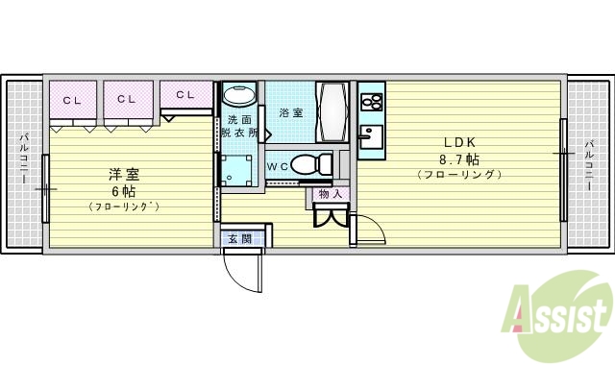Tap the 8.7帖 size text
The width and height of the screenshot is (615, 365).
[459, 158]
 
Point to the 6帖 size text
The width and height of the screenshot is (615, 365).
[123, 190]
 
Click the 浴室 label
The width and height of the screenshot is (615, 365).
[290, 113]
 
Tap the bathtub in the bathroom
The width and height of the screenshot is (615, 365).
[333, 112]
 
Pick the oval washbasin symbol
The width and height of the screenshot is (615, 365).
[239, 96]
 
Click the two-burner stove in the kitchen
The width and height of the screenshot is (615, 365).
[371, 101]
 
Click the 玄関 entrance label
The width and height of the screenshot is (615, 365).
[239, 238]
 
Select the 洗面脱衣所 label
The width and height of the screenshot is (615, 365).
[240, 128]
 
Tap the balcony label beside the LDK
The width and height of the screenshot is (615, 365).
[589, 161]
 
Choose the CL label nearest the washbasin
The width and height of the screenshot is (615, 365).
[184, 95]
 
